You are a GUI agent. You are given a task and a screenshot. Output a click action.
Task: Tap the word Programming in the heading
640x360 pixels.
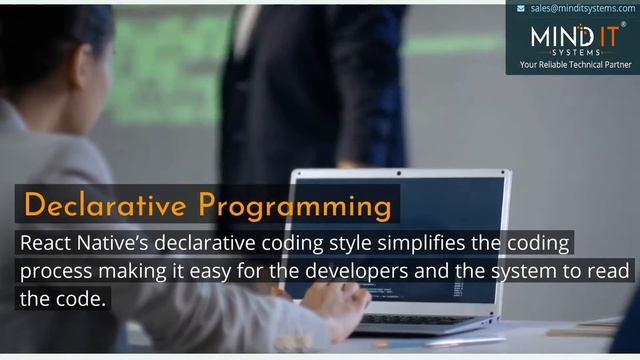[x=294, y=206]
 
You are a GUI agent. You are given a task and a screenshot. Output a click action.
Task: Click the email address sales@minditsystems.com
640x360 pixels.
[x=582, y=7]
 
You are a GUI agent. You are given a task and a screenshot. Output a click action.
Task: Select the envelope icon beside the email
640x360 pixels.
[x=521, y=7]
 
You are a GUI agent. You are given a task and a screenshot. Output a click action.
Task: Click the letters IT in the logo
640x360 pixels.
[x=604, y=37]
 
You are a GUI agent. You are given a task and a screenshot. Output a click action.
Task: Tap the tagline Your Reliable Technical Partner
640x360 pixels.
[x=574, y=65]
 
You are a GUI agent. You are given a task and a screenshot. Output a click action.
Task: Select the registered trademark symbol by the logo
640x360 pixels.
[x=623, y=25]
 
